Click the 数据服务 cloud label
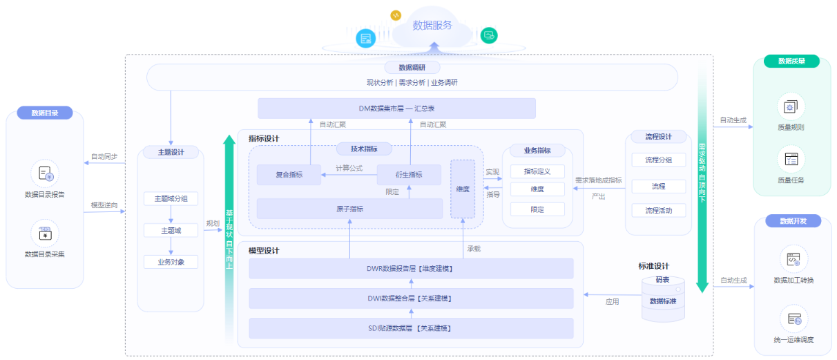(432, 26)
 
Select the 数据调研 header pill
(412, 68)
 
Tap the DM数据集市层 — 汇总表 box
(396, 108)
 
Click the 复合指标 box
(289, 175)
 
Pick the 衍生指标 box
(409, 175)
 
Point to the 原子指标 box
(349, 209)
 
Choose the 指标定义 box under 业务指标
(537, 171)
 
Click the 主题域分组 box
(171, 199)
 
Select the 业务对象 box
(171, 262)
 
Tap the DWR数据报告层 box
(411, 269)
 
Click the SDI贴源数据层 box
(411, 328)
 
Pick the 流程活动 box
(658, 210)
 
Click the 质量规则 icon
(791, 107)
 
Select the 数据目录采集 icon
(45, 234)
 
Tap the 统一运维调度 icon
(793, 320)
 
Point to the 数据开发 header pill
(793, 221)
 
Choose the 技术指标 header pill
(365, 149)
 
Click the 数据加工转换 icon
(793, 260)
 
